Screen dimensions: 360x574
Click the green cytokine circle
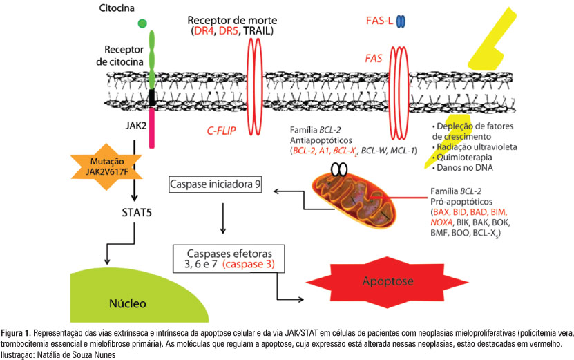142,24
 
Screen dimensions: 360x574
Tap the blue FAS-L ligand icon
400,22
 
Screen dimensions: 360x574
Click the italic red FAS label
374,59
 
